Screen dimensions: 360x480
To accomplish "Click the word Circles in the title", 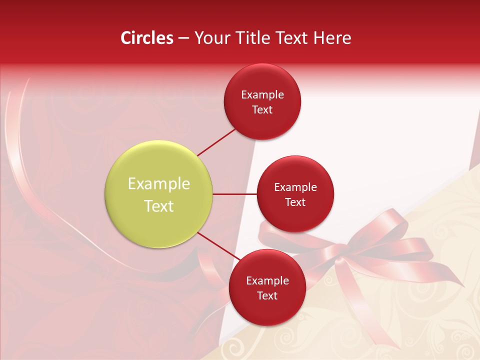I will [x=146, y=38].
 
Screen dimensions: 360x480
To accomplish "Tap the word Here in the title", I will [x=332, y=38].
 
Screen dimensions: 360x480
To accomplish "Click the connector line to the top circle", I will [x=216, y=142].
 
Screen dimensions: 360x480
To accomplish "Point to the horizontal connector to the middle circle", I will [x=235, y=194].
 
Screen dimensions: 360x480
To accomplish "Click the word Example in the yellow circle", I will [x=159, y=184].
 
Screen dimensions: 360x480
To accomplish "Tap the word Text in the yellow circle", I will [x=159, y=206].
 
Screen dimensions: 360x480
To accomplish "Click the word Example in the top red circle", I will [x=262, y=94].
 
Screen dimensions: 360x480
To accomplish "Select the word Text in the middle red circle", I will [x=295, y=202].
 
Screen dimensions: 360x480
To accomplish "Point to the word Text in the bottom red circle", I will [x=267, y=295].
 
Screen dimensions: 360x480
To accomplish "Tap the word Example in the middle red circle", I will [x=295, y=187].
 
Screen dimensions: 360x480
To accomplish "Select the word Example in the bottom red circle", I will [x=267, y=280].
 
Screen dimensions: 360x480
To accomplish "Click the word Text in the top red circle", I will [x=262, y=109].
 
